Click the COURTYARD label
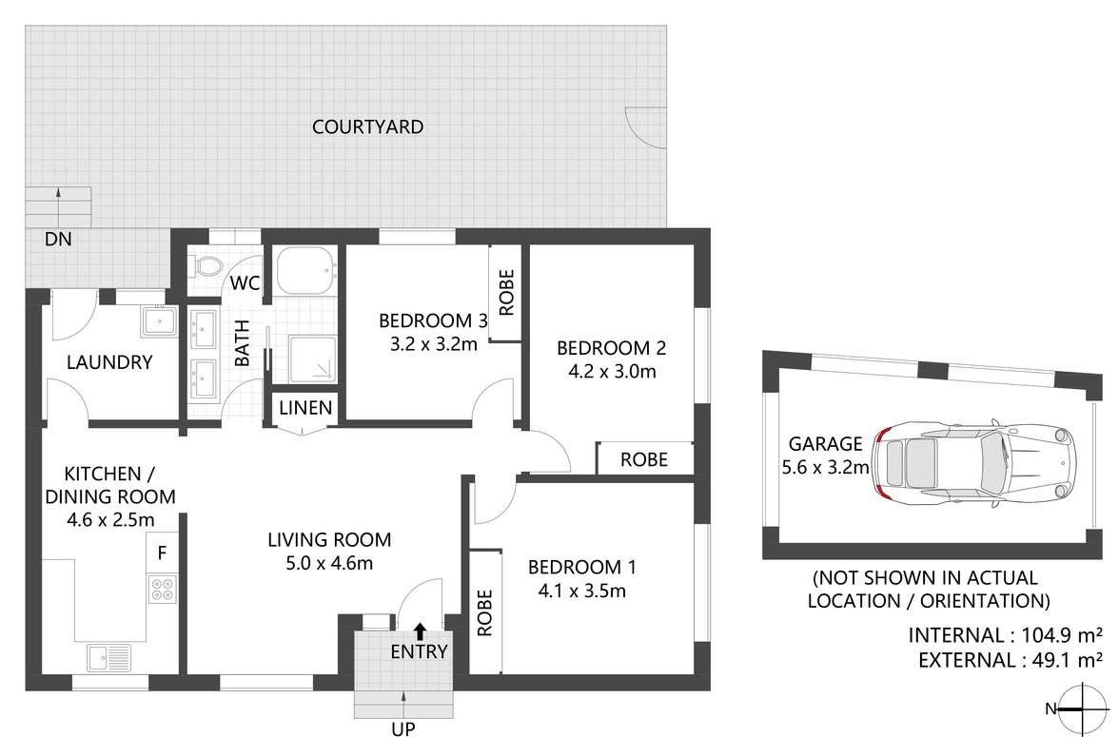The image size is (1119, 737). point(367,126)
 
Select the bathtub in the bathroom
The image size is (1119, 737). point(304,271)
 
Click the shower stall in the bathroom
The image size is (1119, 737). point(313,358)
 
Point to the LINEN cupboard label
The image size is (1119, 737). point(305,409)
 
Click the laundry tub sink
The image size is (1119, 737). point(160,321)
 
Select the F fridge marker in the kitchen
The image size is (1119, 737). point(162,552)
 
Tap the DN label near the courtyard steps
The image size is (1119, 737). point(58,240)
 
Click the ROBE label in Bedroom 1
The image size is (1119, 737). point(485,613)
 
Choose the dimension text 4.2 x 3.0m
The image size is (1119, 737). point(607,372)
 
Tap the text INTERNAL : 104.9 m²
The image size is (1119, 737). point(1006,635)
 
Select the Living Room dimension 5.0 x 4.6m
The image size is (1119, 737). point(328,562)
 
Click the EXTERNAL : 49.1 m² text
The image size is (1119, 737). point(1011,659)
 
